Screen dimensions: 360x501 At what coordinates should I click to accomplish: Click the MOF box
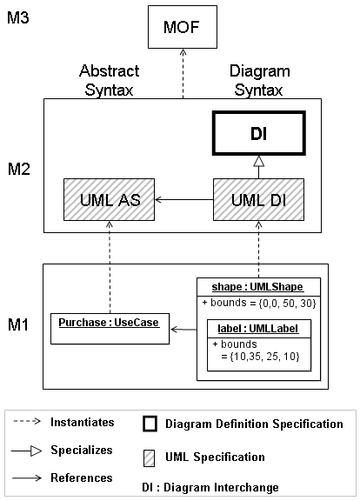[183, 27]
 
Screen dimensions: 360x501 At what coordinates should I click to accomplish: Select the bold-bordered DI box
[259, 133]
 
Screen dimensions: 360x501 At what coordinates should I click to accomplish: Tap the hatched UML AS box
[110, 200]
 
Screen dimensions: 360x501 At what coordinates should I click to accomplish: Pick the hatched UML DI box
[259, 200]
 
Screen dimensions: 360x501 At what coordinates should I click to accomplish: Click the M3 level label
[18, 17]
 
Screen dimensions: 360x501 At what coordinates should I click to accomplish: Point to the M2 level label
[18, 169]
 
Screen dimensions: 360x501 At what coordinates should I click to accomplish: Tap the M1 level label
[18, 324]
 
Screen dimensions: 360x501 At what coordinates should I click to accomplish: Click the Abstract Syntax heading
[110, 80]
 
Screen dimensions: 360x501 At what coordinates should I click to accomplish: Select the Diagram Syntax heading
[259, 80]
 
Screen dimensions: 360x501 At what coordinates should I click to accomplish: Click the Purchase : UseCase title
[109, 323]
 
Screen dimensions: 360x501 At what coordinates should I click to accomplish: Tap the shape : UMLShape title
[257, 287]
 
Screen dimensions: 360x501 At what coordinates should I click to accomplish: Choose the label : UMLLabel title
[258, 329]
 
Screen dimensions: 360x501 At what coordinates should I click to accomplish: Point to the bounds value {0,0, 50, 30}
[287, 303]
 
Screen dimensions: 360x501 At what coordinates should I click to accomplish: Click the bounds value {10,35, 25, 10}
[265, 357]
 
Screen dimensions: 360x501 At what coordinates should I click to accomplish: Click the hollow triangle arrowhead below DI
[259, 162]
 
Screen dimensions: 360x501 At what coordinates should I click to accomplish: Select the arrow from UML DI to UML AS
[184, 200]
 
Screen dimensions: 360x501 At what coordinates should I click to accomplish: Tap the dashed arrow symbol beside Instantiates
[27, 422]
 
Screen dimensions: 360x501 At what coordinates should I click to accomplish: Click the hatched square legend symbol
[149, 458]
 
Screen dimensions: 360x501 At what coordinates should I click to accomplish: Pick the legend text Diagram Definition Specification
[254, 424]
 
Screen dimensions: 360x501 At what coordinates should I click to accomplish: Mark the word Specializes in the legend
[82, 451]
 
